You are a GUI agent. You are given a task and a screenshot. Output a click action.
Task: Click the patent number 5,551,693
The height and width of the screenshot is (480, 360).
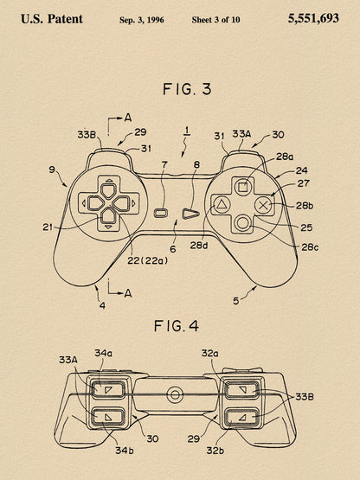(x=313, y=18)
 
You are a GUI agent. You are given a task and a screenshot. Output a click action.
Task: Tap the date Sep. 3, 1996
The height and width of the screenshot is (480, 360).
(x=142, y=20)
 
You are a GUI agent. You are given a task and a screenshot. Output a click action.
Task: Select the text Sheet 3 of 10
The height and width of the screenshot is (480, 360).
(x=215, y=20)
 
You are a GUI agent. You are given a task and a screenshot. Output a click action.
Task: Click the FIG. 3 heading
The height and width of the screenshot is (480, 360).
(x=187, y=89)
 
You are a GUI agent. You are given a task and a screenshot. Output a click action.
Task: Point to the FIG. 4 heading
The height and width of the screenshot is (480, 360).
(x=177, y=326)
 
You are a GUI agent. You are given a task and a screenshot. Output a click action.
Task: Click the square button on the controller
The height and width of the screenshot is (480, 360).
(x=243, y=187)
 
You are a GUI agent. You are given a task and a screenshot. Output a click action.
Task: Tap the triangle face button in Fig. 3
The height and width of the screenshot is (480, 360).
(x=221, y=205)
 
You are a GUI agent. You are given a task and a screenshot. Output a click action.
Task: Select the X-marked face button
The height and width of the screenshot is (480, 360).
(x=263, y=206)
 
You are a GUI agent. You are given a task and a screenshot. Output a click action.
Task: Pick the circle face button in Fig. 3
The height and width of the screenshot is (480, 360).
(x=242, y=223)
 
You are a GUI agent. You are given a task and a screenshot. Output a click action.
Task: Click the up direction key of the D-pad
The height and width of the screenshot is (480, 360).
(x=108, y=190)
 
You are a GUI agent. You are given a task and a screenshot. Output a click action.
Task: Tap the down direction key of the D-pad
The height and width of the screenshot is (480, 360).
(x=108, y=215)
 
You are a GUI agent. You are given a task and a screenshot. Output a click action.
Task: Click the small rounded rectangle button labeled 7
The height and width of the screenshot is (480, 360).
(x=161, y=213)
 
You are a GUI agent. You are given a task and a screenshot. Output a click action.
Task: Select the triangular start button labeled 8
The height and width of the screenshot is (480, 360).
(x=190, y=214)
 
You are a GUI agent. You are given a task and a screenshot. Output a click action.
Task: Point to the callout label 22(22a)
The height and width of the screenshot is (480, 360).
(x=148, y=260)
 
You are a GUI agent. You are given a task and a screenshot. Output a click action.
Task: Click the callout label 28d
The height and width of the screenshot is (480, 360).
(x=199, y=246)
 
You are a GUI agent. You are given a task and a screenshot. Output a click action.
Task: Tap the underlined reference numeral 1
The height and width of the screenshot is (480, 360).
(x=187, y=131)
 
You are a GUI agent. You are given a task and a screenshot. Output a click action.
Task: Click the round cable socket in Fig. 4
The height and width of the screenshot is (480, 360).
(x=175, y=394)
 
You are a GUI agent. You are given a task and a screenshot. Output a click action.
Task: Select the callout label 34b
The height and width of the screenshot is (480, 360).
(x=125, y=451)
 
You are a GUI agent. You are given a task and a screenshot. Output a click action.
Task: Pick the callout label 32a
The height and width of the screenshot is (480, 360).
(x=210, y=353)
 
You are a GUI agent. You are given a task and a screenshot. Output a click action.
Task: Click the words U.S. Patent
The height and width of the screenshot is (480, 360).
(x=52, y=19)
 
